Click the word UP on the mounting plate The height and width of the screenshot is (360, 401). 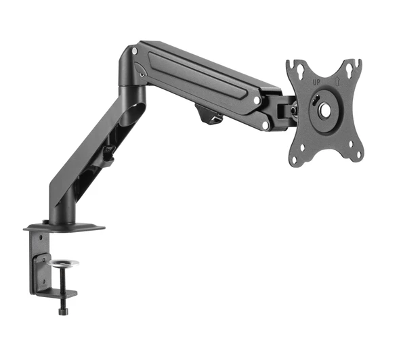click(x=316, y=83)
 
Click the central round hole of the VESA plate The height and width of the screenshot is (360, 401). click(x=324, y=109)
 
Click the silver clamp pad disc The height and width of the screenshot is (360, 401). click(x=64, y=263)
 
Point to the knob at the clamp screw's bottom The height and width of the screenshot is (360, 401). click(x=64, y=311)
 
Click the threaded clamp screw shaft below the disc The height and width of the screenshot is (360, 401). click(x=64, y=284)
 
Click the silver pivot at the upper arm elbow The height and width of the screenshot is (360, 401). click(x=135, y=51)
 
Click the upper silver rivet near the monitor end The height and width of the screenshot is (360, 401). click(x=257, y=100)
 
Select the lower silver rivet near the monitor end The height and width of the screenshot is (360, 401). click(x=266, y=125)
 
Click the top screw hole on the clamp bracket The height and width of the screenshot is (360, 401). click(x=41, y=261)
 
